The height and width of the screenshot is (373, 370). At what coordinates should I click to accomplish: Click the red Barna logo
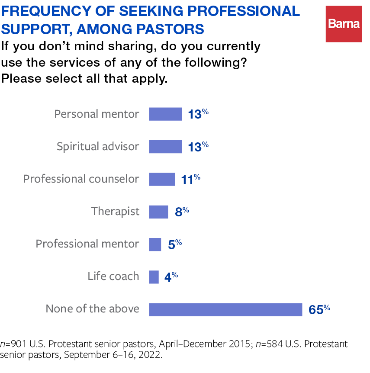[344, 24]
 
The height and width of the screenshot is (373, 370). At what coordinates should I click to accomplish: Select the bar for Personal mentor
[165, 114]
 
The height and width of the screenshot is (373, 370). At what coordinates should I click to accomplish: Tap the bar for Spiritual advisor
[165, 147]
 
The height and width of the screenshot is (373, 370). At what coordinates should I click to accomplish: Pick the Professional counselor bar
[162, 179]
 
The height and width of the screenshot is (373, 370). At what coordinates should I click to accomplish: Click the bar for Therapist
[158, 212]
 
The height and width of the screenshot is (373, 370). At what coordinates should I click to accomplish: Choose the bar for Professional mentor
[155, 244]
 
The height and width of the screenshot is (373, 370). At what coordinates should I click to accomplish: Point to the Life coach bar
[154, 277]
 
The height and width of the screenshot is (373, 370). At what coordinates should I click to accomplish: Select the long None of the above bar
[225, 309]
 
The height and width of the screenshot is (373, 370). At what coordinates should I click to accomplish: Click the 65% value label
[319, 309]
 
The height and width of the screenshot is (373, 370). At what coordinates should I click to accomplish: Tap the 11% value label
[191, 179]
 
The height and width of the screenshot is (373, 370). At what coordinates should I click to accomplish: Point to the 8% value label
[181, 212]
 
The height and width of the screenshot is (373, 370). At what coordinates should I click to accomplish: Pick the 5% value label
[174, 244]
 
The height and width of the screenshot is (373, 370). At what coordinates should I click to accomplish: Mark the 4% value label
[171, 277]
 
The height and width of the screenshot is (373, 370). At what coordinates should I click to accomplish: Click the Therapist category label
[115, 212]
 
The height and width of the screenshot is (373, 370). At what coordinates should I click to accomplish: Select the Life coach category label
[113, 277]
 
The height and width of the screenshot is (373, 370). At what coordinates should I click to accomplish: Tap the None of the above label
[93, 309]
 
